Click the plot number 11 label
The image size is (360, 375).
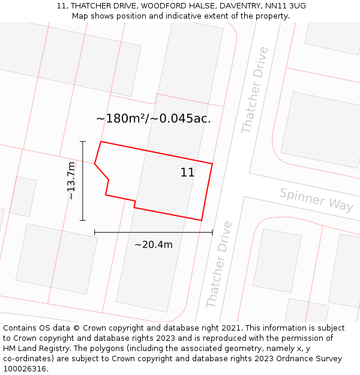click(x=187, y=173)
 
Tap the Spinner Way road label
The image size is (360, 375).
click(x=316, y=199)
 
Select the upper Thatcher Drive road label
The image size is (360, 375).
click(x=255, y=90)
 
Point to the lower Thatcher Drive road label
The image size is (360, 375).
click(x=219, y=264)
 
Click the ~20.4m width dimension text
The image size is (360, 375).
click(x=153, y=244)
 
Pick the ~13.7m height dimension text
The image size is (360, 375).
click(x=71, y=181)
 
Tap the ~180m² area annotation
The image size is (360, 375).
click(x=154, y=118)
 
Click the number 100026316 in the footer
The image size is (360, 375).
click(x=25, y=369)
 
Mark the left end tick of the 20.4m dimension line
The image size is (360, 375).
click(x=95, y=232)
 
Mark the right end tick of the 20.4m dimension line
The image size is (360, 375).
click(x=212, y=232)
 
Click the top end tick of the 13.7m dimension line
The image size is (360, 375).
click(x=83, y=142)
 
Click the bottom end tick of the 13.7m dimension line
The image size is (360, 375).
click(x=83, y=220)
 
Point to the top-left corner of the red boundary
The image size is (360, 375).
click(x=101, y=142)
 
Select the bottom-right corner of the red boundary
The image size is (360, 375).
click(x=202, y=220)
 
